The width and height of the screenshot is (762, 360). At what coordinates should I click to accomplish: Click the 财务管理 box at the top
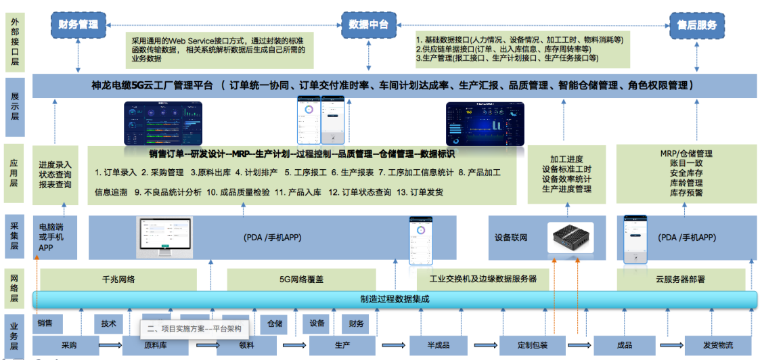[x=79, y=25]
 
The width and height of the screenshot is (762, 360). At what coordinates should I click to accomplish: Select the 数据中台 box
[x=368, y=25]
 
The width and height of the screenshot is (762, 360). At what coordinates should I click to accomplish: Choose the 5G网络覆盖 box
[x=300, y=279]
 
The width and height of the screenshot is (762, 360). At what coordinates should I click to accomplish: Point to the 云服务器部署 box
[x=680, y=279]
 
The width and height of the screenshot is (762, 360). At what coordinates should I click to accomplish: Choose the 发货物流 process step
[x=717, y=345]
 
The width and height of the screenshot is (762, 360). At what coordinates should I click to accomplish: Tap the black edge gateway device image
[x=570, y=238]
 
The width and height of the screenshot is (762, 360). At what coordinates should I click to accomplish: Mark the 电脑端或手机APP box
[x=55, y=238]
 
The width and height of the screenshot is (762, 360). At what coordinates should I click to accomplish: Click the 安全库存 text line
[x=686, y=173]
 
